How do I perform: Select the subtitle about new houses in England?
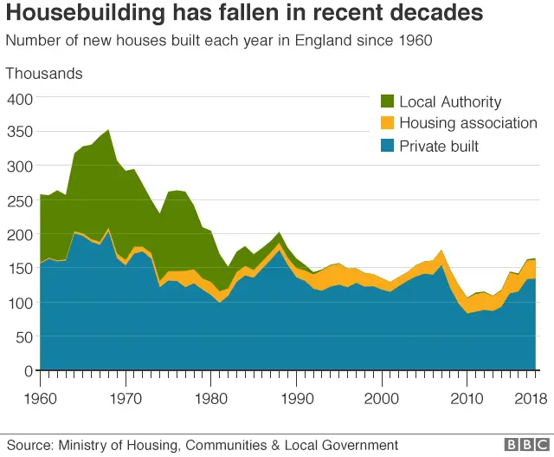(219, 41)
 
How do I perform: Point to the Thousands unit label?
(44, 74)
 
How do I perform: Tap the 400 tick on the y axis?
(19, 98)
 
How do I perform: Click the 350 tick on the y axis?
(19, 132)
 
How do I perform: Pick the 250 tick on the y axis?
(19, 200)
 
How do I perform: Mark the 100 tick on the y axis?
(19, 303)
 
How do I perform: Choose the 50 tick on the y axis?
(23, 336)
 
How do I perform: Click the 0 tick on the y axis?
(28, 371)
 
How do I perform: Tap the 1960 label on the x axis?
(40, 399)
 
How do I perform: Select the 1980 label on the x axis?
(210, 399)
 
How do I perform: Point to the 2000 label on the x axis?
(381, 399)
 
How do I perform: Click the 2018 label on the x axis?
(531, 399)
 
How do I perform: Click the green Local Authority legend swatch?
(387, 102)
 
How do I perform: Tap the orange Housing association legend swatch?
(387, 124)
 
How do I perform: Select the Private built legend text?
(439, 147)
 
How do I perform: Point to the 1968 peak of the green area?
(108, 131)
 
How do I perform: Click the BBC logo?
(521, 445)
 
